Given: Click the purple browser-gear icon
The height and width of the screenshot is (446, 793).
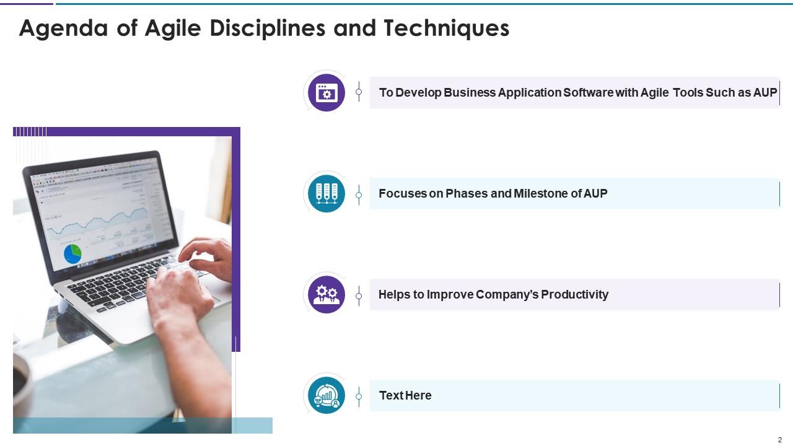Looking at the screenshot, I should [x=326, y=93].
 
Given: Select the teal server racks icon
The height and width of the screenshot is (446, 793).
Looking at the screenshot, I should [x=326, y=193].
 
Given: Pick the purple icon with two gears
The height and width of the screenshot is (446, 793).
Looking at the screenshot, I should [x=326, y=294].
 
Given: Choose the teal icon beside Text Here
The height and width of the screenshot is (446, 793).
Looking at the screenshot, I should [x=326, y=395].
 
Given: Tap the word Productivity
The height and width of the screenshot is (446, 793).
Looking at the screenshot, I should [x=574, y=295].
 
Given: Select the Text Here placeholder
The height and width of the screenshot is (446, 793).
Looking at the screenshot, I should [x=405, y=396].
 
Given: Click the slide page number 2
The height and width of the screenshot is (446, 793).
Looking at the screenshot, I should [x=779, y=440].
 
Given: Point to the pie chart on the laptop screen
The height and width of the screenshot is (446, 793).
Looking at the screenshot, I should [x=73, y=253].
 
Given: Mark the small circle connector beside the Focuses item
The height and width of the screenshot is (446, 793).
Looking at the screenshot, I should [x=359, y=195].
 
